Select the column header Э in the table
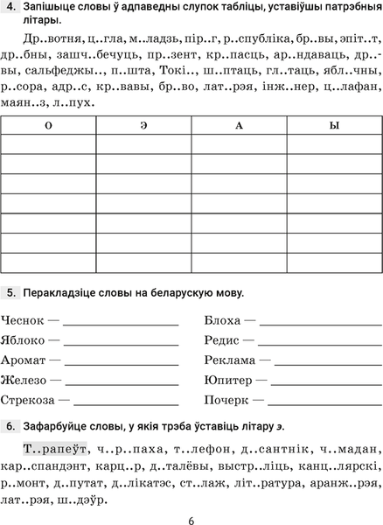coord(143,126)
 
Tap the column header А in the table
coord(238,126)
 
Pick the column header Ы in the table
coord(333,126)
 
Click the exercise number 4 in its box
coord(10,10)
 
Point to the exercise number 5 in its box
coord(10,290)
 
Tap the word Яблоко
coord(24,339)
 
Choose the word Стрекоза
coord(29,400)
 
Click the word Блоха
coord(221,319)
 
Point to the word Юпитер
coord(226,380)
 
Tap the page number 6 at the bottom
coord(191,514)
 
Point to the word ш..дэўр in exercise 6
coord(85,501)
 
